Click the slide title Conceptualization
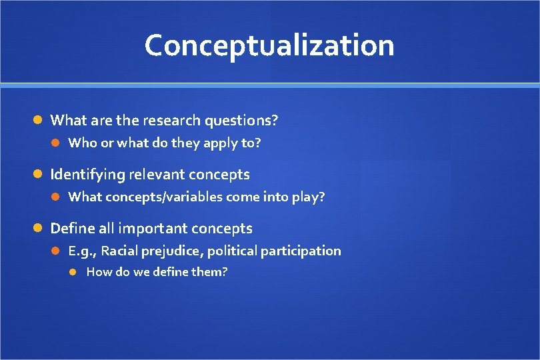[x=269, y=45]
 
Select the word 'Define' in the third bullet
[x=72, y=229]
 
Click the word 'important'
[x=153, y=229]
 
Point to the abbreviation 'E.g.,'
[x=83, y=251]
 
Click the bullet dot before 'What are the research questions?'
[x=39, y=121]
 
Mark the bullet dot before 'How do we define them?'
[x=75, y=272]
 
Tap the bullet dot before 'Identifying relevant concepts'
[x=39, y=175]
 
